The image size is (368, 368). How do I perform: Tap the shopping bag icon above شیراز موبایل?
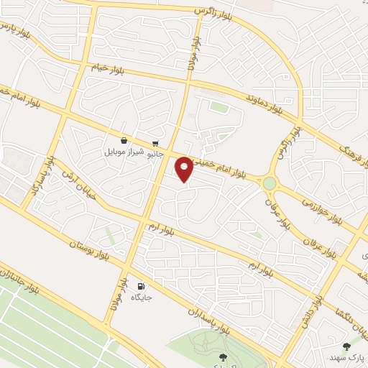click(x=125, y=141)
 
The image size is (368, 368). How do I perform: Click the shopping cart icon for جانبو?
click(x=155, y=143)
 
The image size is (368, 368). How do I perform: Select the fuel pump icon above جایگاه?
click(x=140, y=285)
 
